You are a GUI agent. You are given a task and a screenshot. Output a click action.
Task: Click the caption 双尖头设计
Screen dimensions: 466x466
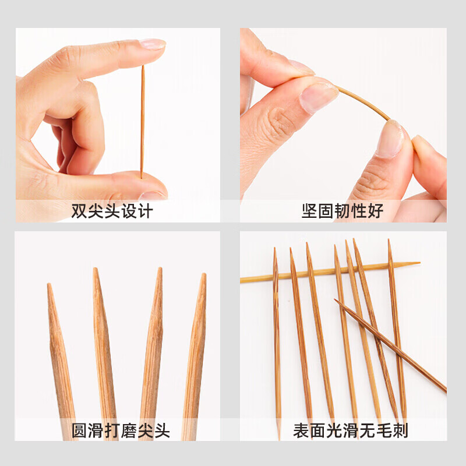(x=112, y=211)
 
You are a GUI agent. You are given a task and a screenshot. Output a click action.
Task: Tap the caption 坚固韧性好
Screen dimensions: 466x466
(x=343, y=211)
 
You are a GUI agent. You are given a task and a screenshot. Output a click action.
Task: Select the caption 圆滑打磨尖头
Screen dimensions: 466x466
(x=121, y=431)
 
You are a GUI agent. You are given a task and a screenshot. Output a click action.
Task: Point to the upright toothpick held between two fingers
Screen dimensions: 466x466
(x=142, y=122)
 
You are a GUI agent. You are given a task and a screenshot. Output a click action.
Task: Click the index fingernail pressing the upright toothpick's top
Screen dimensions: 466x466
(x=152, y=44)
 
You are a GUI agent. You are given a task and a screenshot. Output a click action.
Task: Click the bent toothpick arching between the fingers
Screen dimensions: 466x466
(x=361, y=101)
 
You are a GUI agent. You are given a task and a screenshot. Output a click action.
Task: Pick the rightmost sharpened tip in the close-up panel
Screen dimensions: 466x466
(x=202, y=285)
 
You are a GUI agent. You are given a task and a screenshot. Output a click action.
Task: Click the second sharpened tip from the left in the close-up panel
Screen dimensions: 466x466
(x=97, y=280)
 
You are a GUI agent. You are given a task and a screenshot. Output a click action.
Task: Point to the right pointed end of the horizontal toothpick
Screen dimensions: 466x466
(x=415, y=264)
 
